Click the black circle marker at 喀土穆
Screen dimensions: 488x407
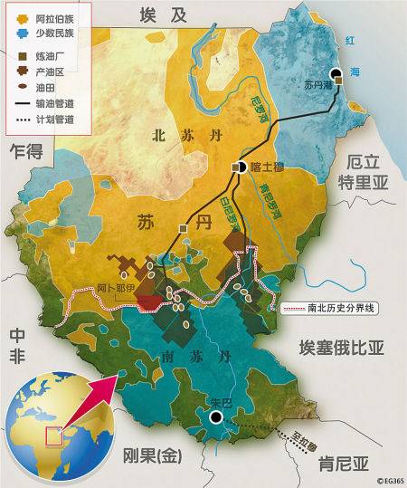[x=241, y=167]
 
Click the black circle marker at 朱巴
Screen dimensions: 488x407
[x=216, y=417]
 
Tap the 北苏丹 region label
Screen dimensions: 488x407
[x=176, y=137]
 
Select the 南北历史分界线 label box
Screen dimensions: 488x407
[x=329, y=309]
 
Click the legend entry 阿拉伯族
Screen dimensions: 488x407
[x=52, y=16]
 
